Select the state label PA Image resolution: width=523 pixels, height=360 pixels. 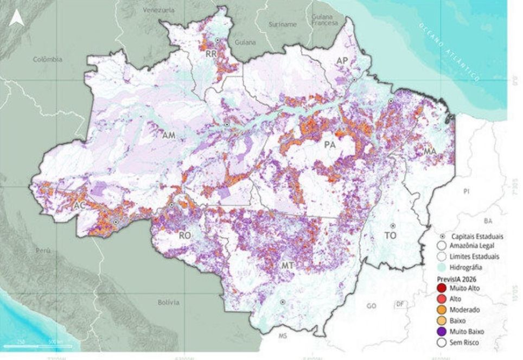tap(329, 145)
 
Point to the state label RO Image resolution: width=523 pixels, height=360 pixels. tap(185, 235)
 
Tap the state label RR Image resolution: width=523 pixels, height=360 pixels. tap(211, 54)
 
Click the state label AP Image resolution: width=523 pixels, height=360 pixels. tap(341, 61)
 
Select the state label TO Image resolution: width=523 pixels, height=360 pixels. tap(390, 236)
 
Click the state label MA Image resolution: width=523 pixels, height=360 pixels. tap(430, 150)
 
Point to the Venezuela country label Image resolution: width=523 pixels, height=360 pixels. tap(158, 10)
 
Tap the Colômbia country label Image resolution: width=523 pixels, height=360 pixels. tap(48, 60)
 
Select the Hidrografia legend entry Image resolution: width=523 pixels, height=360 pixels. tap(461, 267)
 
